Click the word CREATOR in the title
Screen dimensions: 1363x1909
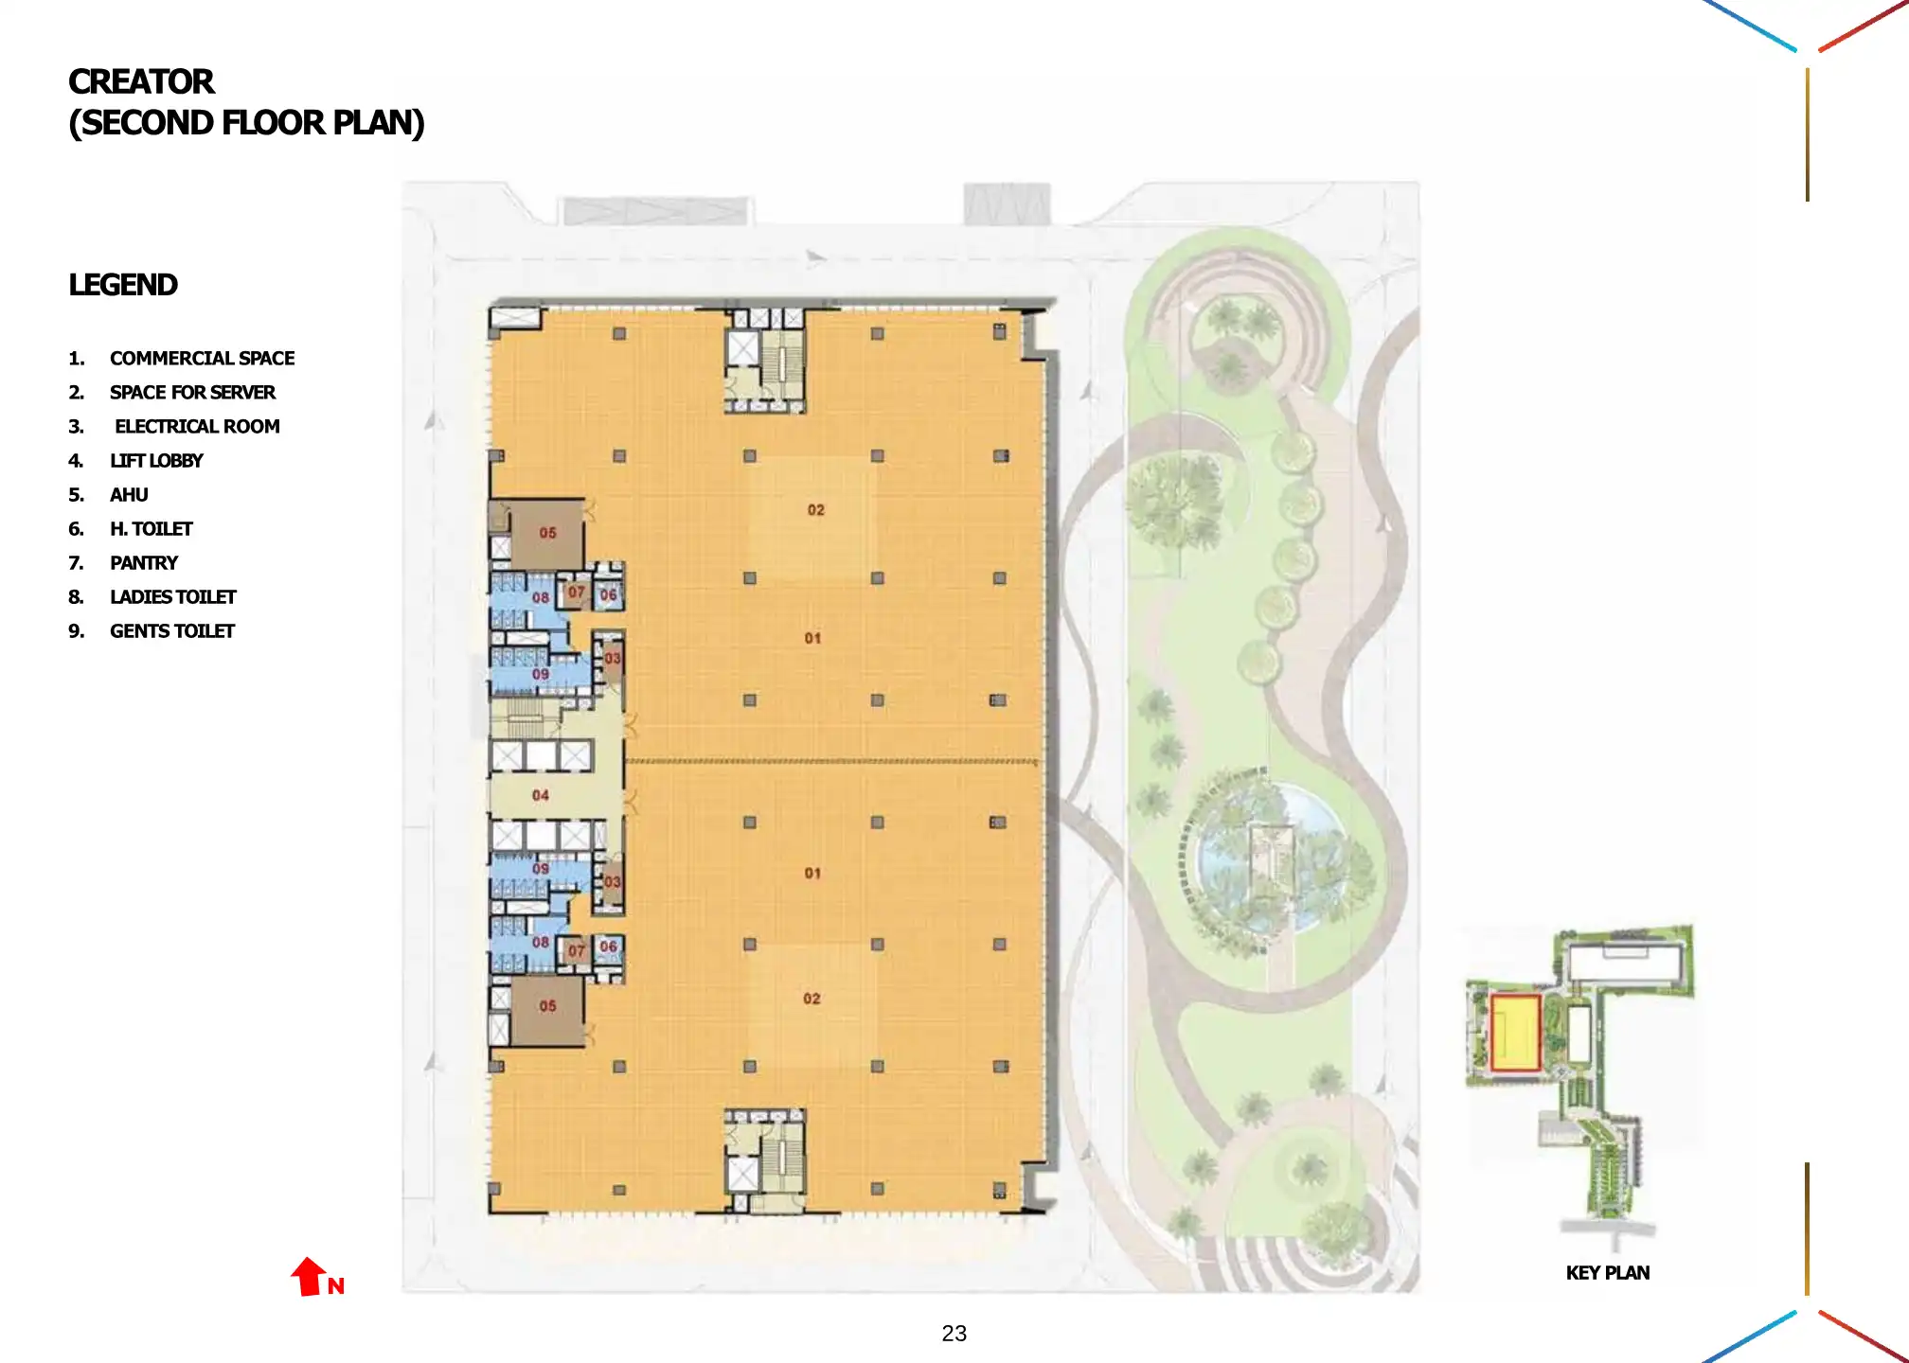141,82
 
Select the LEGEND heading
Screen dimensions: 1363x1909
122,285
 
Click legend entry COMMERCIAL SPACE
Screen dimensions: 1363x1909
201,359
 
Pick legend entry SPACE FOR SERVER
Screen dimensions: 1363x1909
191,393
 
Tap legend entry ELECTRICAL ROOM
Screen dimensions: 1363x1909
196,427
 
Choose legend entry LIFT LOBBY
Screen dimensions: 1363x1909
155,461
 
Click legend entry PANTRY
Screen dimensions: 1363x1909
143,563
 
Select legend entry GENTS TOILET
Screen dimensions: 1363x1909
171,631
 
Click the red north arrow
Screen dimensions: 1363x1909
309,1276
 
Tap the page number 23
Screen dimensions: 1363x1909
954,1334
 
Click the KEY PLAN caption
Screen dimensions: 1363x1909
1607,1273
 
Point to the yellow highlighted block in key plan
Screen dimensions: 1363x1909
1514,1033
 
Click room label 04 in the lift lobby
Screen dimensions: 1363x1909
540,795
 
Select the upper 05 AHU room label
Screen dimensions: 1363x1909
547,533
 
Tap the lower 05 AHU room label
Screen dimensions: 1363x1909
547,1006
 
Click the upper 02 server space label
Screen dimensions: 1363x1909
815,510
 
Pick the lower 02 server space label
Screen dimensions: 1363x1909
812,999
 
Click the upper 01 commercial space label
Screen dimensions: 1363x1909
812,638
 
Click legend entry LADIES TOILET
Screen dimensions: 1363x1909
172,597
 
